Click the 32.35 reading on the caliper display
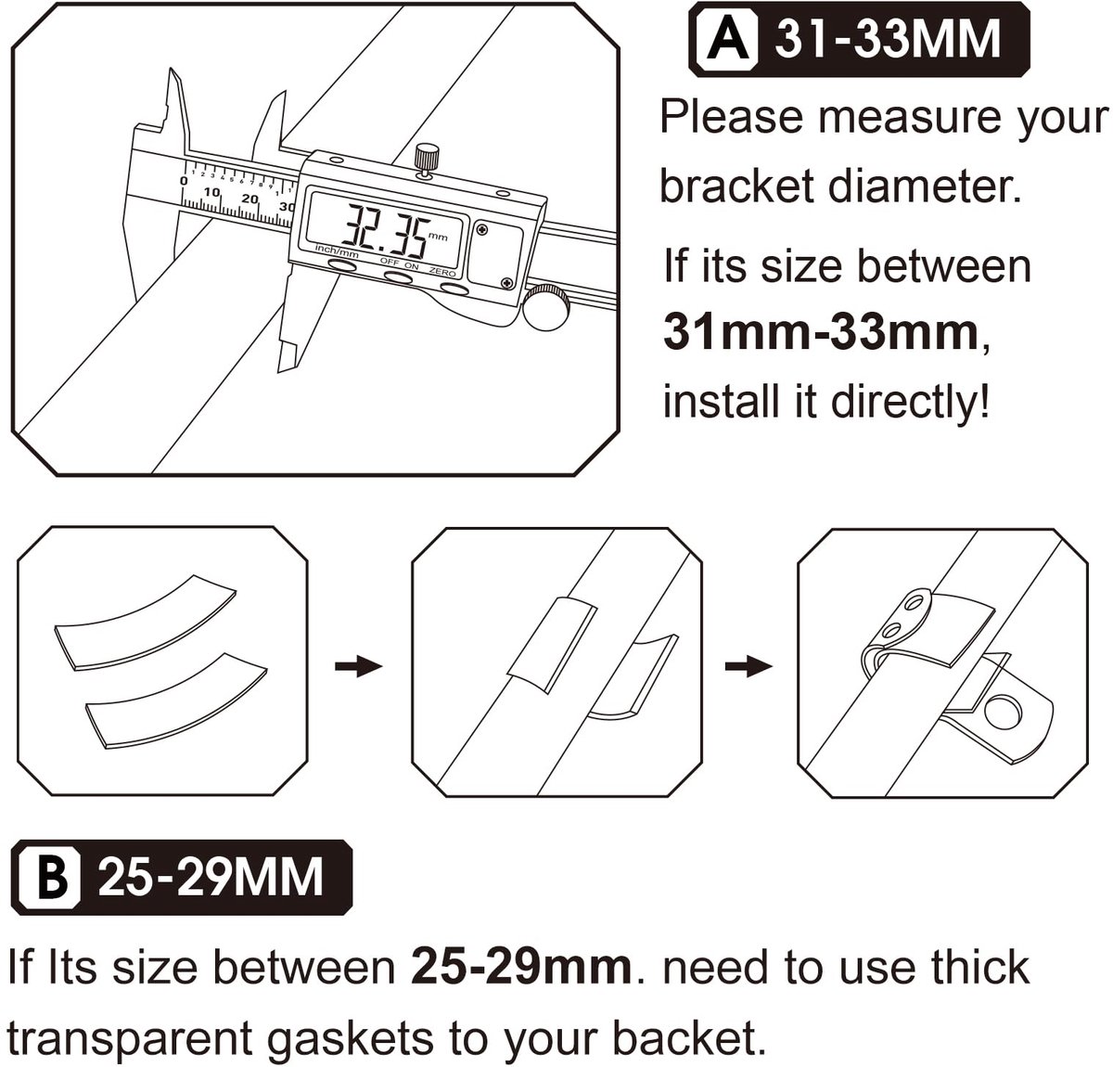pyautogui.click(x=385, y=230)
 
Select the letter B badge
pyautogui.click(x=51, y=877)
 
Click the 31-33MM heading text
pyautogui.click(x=889, y=38)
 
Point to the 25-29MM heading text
pyautogui.click(x=211, y=877)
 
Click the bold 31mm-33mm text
pyautogui.click(x=821, y=333)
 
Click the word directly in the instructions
pyautogui.click(x=910, y=402)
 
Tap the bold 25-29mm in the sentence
pyautogui.click(x=521, y=968)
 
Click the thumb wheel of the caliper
pyautogui.click(x=547, y=307)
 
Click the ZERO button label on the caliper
pyautogui.click(x=442, y=273)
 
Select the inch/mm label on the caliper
pyautogui.click(x=337, y=251)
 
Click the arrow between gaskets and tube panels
pyautogui.click(x=359, y=666)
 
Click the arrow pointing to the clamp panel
pyautogui.click(x=748, y=666)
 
